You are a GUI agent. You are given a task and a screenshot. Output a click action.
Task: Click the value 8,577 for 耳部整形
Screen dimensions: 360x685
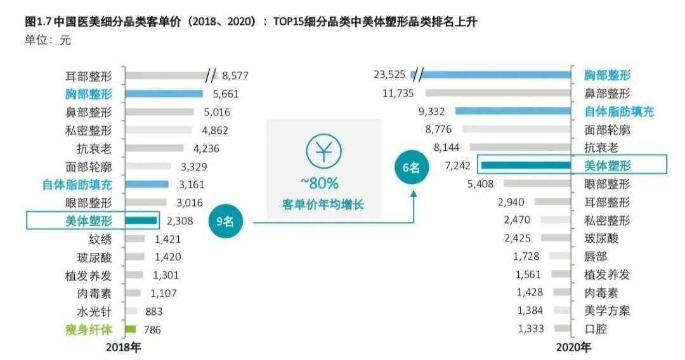point(234,75)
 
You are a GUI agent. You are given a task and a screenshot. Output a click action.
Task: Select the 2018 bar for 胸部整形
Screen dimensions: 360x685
point(164,94)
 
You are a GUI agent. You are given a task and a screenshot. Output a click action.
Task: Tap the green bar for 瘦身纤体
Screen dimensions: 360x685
point(131,329)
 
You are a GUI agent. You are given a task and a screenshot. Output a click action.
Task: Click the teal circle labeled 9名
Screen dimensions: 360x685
point(224,222)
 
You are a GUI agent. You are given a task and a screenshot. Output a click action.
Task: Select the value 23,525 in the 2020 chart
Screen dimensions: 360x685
point(389,75)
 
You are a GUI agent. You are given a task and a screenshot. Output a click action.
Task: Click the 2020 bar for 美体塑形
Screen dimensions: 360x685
point(526,165)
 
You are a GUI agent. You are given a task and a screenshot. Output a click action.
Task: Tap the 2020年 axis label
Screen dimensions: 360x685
point(573,348)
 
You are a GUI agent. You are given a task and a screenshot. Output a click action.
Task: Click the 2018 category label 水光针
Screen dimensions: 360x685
point(94,311)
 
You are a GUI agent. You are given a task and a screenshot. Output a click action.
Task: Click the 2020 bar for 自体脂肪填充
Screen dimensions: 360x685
point(514,112)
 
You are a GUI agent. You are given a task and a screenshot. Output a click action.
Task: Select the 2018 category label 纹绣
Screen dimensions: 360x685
point(100,240)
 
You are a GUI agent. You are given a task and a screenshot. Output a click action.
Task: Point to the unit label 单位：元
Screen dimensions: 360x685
point(48,41)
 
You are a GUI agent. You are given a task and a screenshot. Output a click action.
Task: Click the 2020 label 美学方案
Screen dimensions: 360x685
point(607,311)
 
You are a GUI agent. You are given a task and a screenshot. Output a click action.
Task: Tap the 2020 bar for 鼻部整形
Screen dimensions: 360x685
point(498,93)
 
